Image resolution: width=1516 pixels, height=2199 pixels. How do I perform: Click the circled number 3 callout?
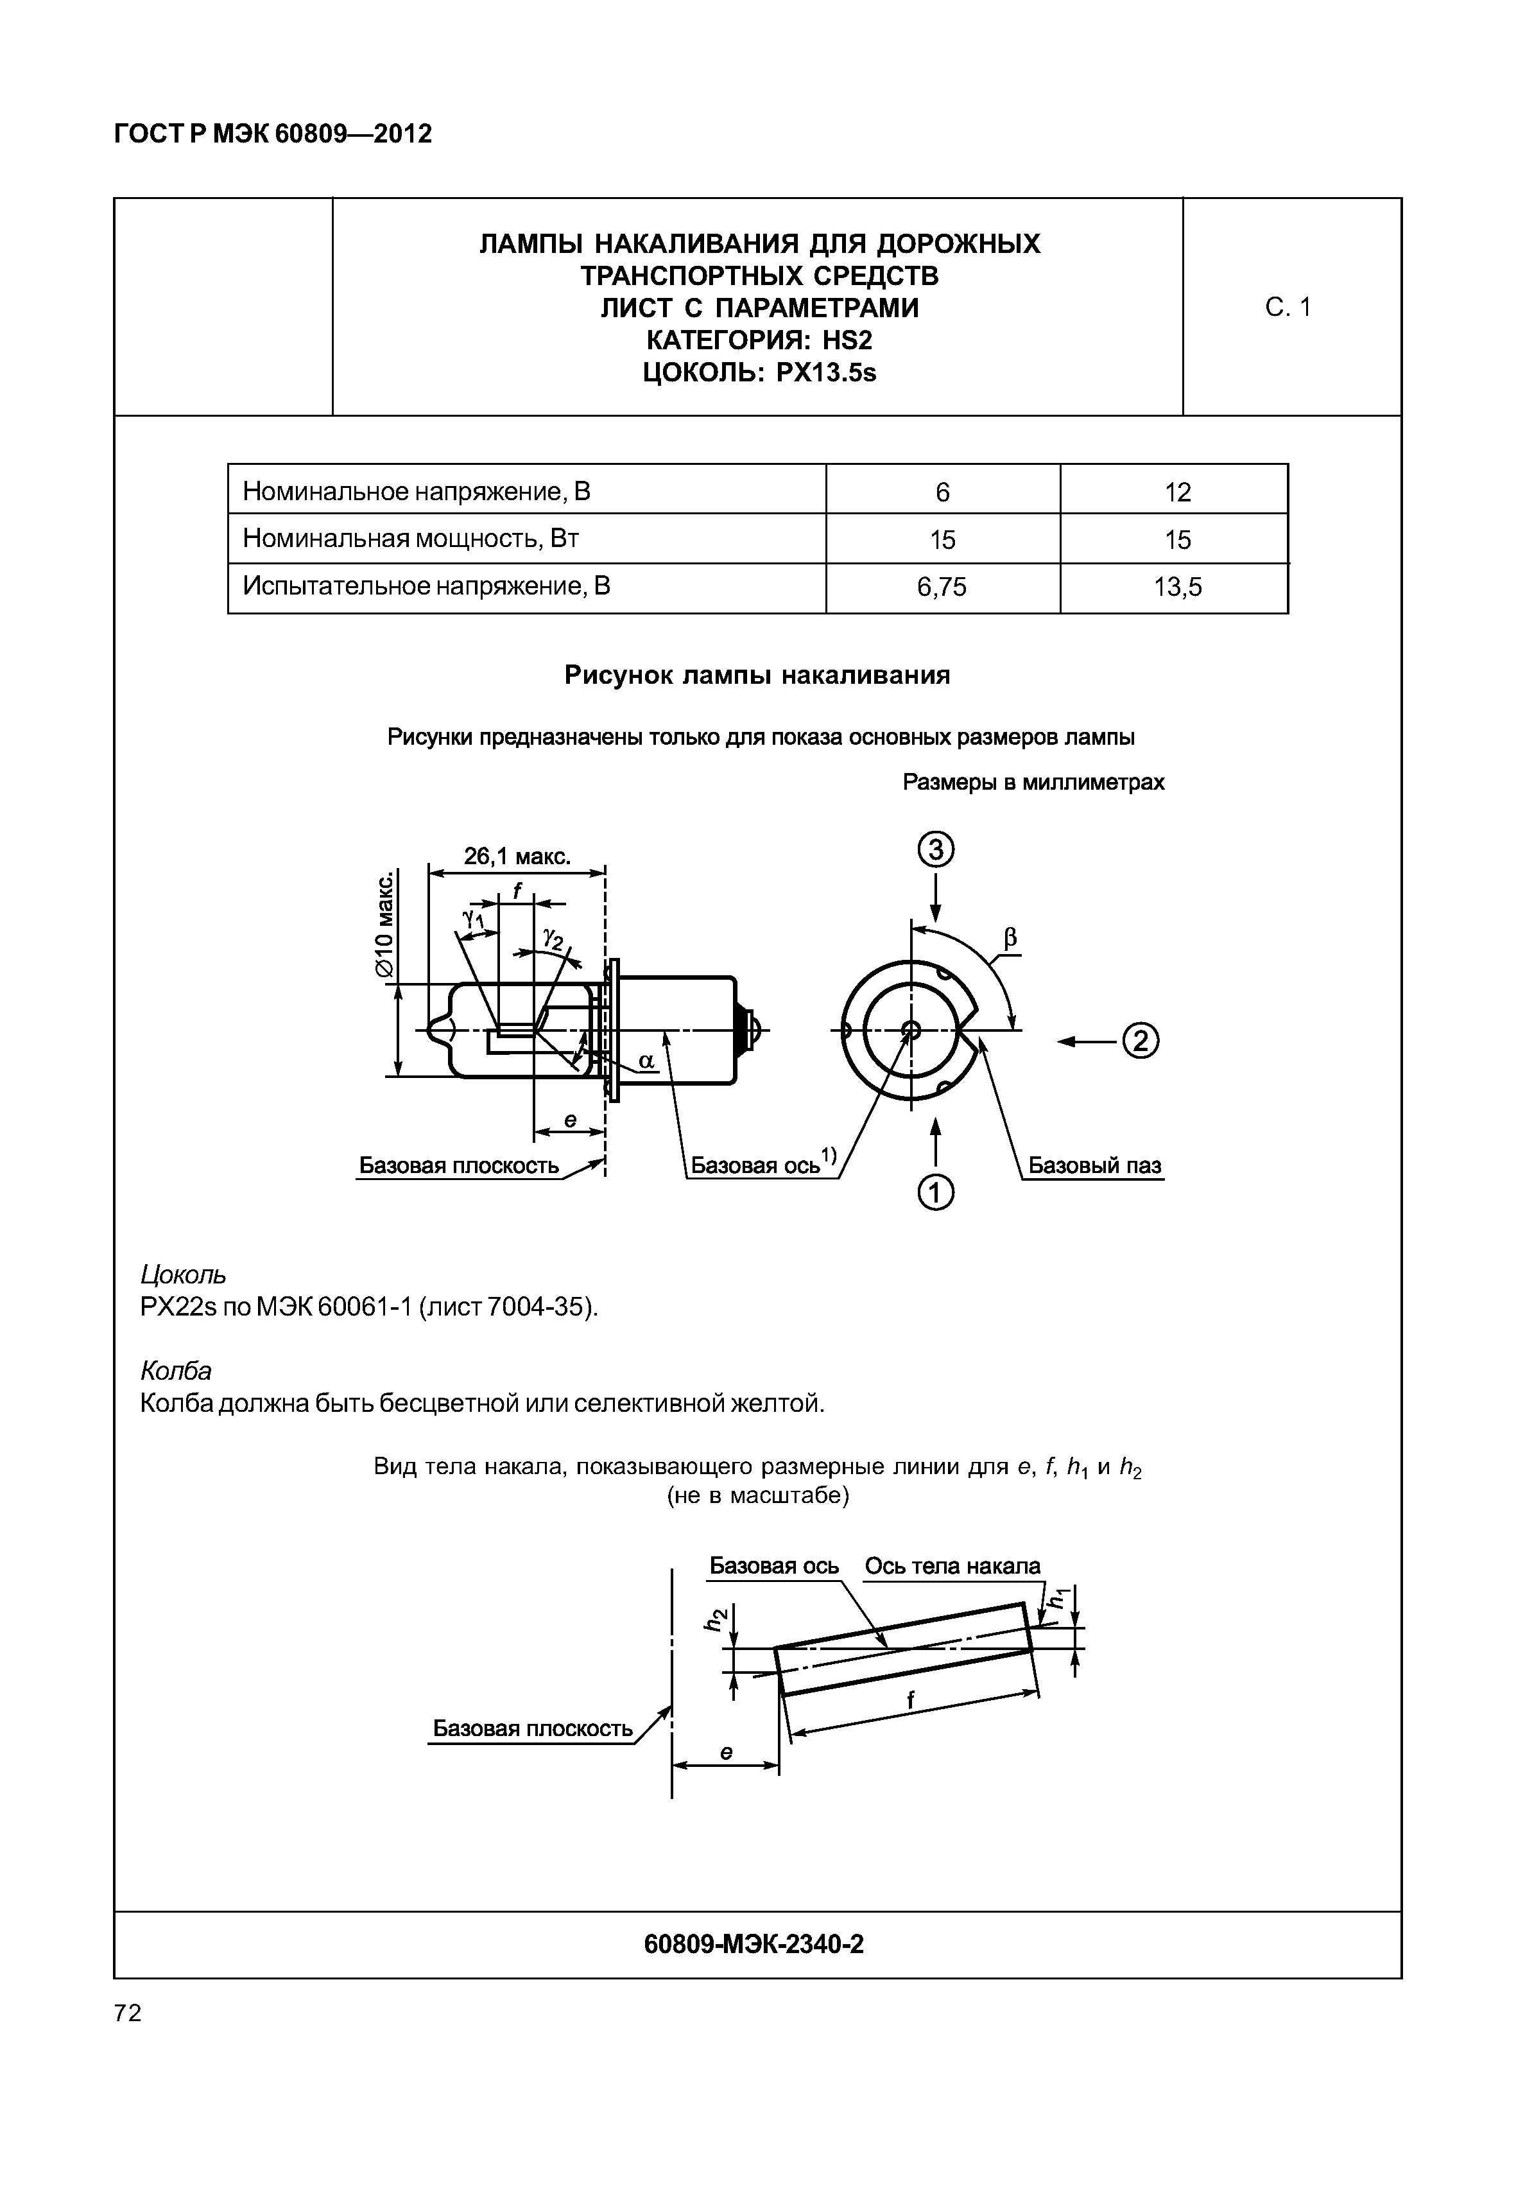(x=936, y=849)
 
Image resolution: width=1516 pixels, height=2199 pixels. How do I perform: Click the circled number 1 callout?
(x=936, y=1192)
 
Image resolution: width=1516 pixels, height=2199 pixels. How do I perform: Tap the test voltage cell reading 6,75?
(x=942, y=587)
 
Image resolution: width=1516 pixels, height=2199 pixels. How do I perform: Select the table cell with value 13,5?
(x=1177, y=587)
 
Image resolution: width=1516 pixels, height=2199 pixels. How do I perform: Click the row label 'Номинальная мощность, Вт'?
(x=410, y=539)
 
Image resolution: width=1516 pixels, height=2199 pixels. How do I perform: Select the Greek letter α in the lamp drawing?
(x=646, y=1061)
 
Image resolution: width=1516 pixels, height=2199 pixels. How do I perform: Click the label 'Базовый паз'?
(x=1094, y=1165)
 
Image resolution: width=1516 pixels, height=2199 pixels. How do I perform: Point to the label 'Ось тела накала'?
(x=952, y=1565)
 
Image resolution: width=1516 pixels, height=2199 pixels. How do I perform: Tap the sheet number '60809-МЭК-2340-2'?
(x=754, y=1944)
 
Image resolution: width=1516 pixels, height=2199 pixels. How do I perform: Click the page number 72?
(x=127, y=2013)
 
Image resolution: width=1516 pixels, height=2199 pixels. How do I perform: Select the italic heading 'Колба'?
(x=176, y=1370)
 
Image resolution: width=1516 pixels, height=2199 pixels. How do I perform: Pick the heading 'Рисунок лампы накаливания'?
(x=757, y=675)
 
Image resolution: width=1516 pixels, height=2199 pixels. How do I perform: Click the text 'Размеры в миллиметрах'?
(x=1033, y=782)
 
